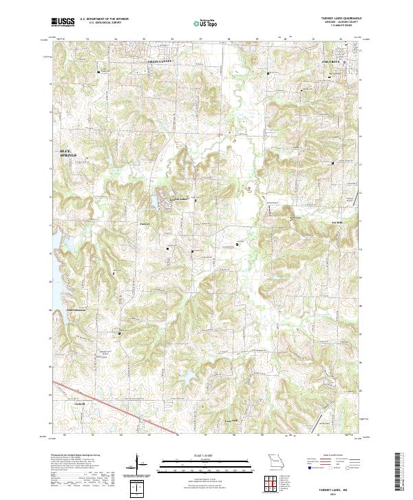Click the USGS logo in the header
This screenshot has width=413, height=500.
coord(63,22)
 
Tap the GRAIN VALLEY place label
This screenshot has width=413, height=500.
coord(157,61)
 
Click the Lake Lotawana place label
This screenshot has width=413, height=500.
coord(78,310)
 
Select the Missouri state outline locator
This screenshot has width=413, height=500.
coord(275,461)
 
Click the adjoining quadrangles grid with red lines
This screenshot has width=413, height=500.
coord(275,484)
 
